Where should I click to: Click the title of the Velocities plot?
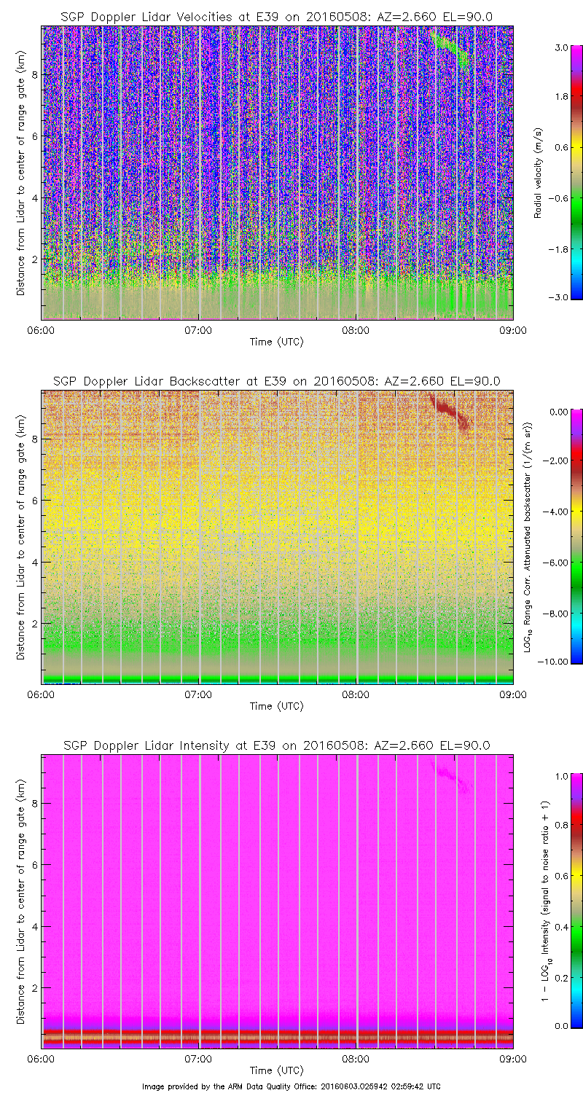pos(276,17)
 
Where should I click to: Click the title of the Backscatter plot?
pos(276,381)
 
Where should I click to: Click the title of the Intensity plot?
pos(276,745)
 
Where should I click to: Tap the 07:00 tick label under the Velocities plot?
pos(198,329)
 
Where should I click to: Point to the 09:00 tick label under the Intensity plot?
pos(512,1058)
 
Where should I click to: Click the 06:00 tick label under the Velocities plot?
pos(42,329)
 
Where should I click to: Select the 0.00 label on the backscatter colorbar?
pos(559,412)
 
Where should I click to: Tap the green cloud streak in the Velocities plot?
pos(452,49)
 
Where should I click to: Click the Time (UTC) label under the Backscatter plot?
pos(276,705)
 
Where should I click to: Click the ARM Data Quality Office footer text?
pos(291,1086)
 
